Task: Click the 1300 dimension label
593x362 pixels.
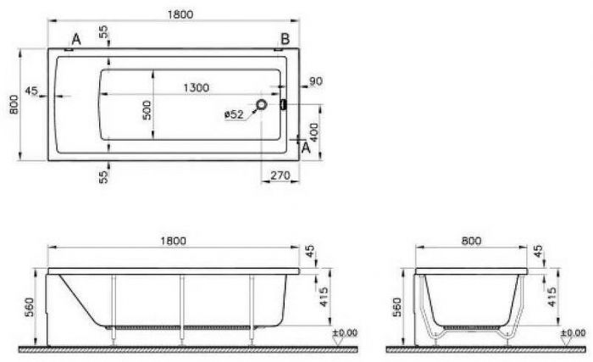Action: (196, 87)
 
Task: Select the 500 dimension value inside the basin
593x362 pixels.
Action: (147, 110)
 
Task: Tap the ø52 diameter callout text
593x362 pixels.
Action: (234, 114)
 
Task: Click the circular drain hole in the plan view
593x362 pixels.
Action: (261, 104)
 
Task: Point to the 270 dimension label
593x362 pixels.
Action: (280, 175)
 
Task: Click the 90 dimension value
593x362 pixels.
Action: (316, 81)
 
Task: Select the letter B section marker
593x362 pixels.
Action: (285, 39)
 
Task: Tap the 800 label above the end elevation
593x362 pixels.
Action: (471, 241)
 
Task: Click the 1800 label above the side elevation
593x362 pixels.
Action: (173, 241)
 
